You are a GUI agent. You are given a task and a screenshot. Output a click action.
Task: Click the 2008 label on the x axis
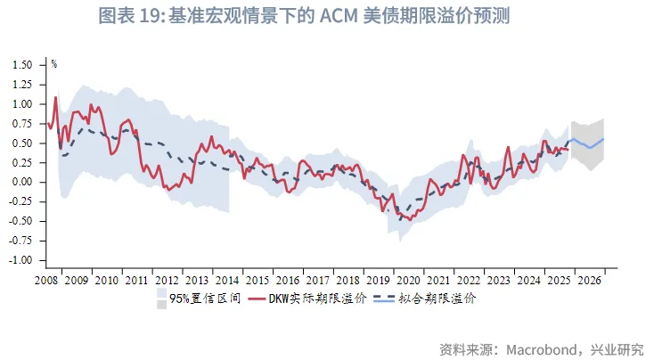(x=46, y=280)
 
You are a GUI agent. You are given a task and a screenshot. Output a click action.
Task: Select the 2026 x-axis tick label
(x=590, y=280)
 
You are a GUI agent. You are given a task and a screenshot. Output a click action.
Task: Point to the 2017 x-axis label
(x=318, y=280)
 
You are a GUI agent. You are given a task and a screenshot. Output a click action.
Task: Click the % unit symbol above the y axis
(x=53, y=63)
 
